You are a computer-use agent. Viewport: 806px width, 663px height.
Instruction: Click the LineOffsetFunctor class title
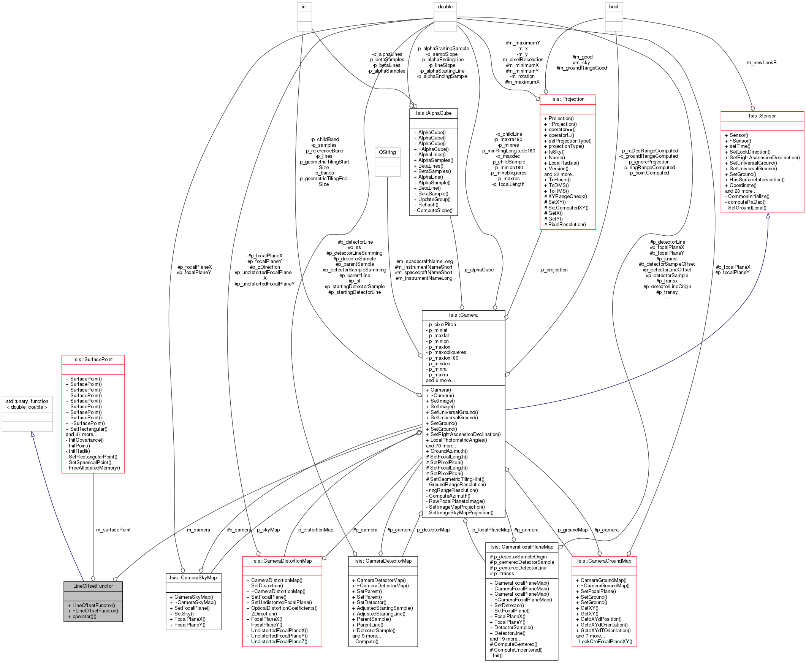[x=93, y=586]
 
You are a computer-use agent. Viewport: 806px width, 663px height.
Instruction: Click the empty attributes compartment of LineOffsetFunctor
[x=93, y=596]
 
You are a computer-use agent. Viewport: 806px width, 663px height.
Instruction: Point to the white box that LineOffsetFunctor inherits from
[x=27, y=414]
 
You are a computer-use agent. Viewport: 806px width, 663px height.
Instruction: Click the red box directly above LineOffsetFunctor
[x=93, y=414]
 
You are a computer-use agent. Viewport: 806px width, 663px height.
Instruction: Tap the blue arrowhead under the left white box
[x=32, y=435]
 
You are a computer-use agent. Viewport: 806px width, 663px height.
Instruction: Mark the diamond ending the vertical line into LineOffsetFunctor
[x=93, y=578]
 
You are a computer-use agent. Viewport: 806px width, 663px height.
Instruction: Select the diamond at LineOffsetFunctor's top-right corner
[x=115, y=579]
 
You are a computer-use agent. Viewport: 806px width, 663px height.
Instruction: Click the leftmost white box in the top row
[x=304, y=16]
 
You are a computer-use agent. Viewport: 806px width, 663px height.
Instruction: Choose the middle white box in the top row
[x=445, y=16]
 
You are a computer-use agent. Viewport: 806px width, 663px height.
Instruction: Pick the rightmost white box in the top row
[x=614, y=16]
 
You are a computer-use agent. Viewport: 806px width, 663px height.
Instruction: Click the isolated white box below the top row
[x=388, y=162]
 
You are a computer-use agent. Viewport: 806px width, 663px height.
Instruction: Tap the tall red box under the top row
[x=568, y=162]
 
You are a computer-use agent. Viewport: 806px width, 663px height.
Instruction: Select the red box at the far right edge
[x=762, y=162]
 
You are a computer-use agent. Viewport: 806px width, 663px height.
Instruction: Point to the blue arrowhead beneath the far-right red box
[x=768, y=216]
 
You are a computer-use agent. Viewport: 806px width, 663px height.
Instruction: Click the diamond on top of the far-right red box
[x=752, y=108]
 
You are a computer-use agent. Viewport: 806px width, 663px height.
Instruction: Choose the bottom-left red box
[x=282, y=601]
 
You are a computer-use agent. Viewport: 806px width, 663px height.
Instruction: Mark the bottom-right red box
[x=604, y=601]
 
